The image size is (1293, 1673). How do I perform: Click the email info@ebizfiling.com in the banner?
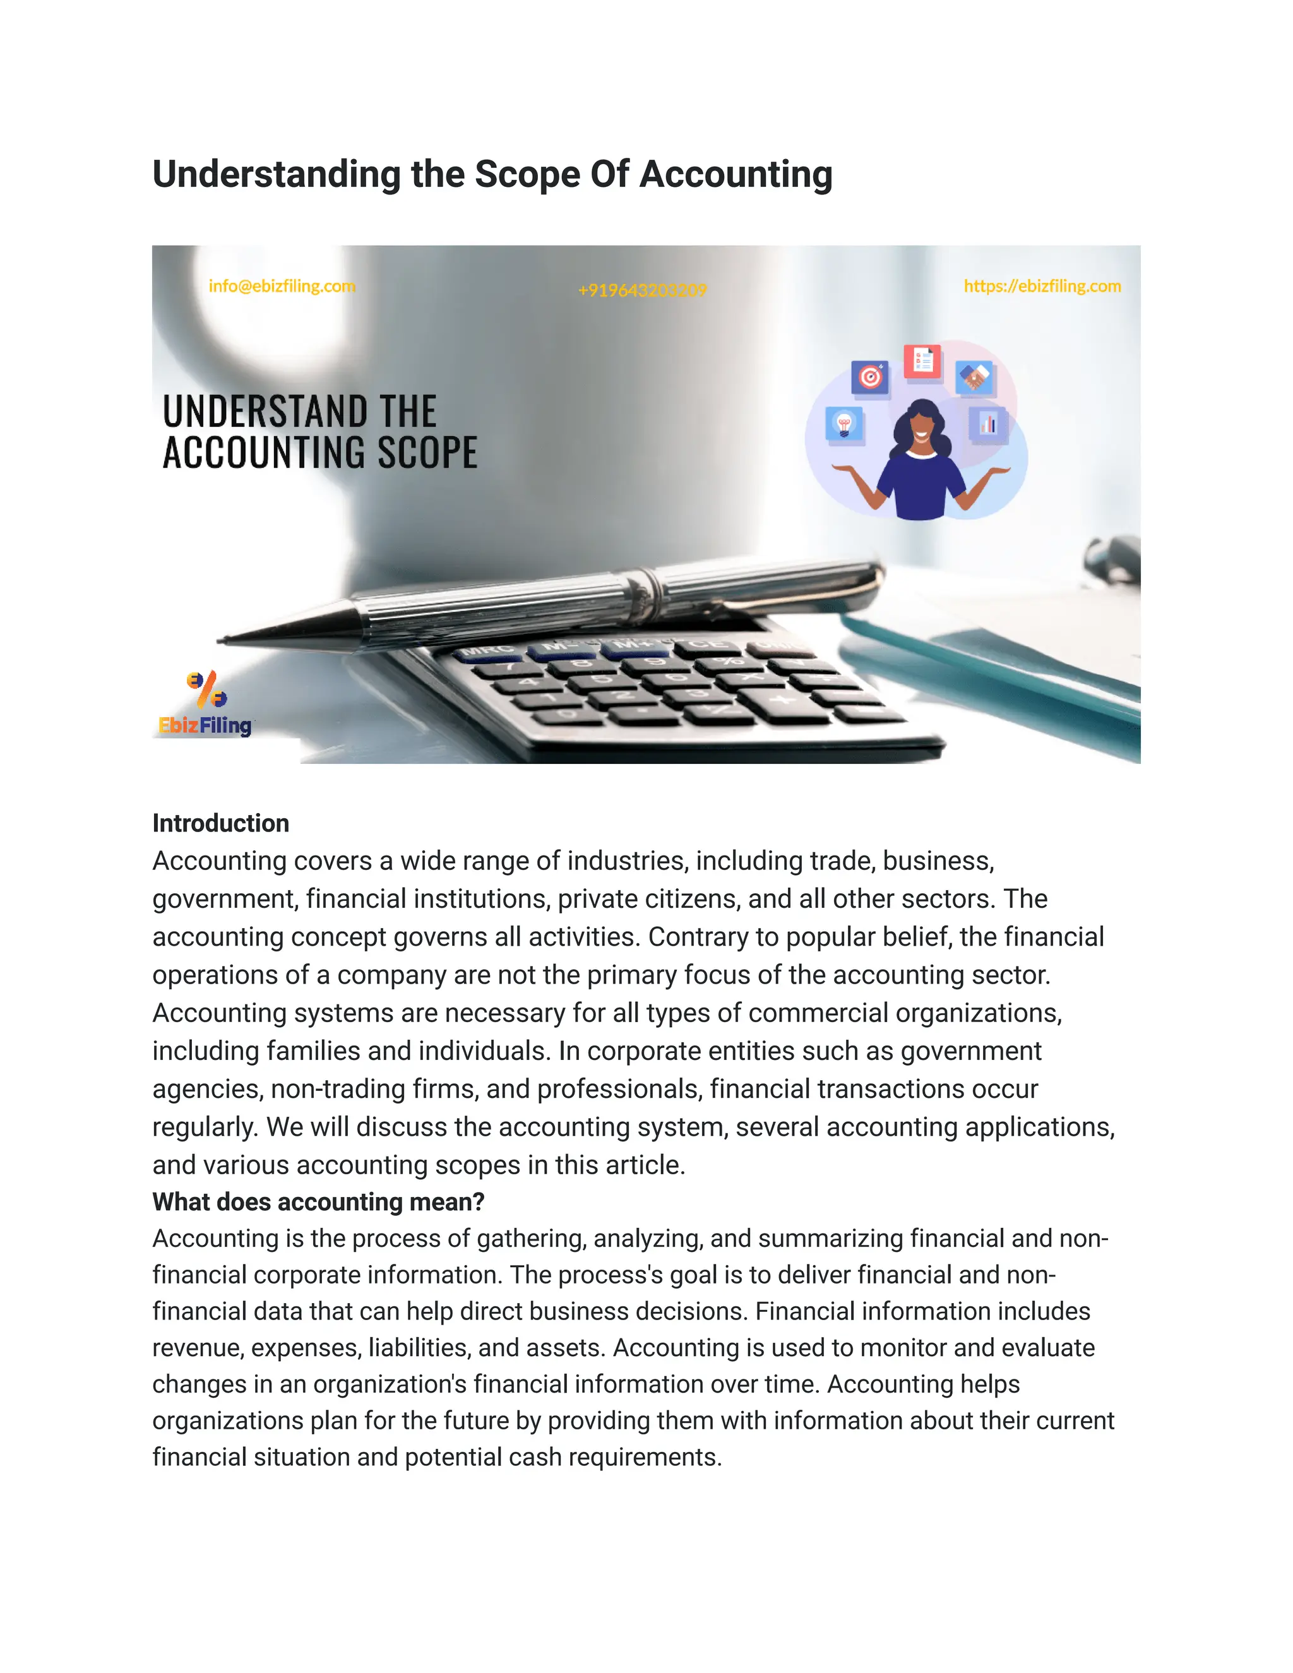(282, 287)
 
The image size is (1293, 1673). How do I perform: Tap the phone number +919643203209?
(642, 290)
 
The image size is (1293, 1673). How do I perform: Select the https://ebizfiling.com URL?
(1042, 287)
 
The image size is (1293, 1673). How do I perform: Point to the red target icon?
(870, 377)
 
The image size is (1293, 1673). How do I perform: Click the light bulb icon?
(844, 423)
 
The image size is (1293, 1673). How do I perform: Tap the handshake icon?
(974, 377)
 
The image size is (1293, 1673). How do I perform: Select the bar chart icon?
(987, 423)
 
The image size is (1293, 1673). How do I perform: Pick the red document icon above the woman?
(922, 360)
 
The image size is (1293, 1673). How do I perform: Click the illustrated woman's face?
(922, 424)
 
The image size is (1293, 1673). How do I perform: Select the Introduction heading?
(220, 823)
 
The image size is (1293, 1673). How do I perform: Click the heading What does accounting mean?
(318, 1202)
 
